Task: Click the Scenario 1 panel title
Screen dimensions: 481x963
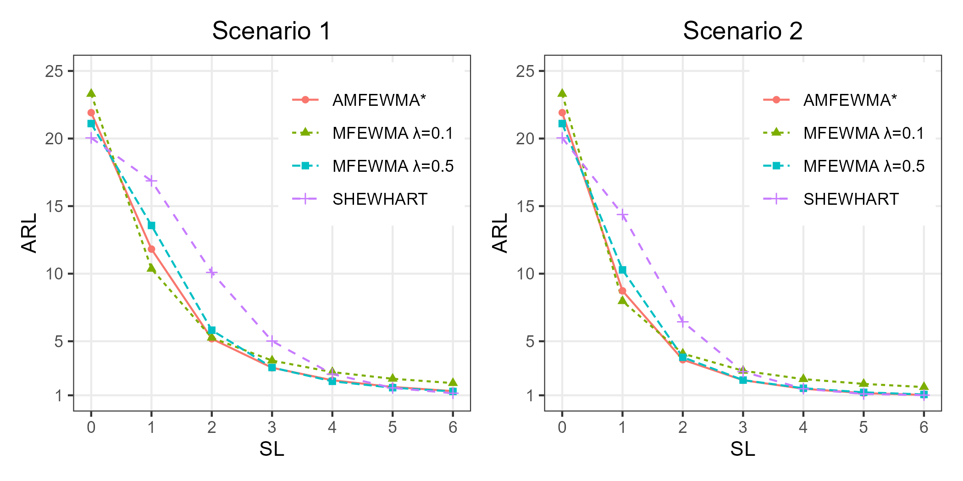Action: click(271, 31)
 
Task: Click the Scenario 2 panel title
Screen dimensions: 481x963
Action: click(742, 31)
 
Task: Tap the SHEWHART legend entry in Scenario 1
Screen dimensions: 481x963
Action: click(380, 199)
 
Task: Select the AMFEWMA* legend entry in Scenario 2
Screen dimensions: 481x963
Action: click(850, 100)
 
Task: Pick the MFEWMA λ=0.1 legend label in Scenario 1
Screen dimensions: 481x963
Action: click(393, 133)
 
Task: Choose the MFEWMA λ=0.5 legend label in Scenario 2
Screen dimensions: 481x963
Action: click(864, 166)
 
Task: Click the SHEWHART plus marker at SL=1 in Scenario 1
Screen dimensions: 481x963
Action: click(151, 180)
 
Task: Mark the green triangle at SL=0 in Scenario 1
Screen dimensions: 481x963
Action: click(91, 93)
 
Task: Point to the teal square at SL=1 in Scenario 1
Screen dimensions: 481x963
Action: click(151, 225)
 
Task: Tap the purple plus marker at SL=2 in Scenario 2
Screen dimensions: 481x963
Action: click(683, 322)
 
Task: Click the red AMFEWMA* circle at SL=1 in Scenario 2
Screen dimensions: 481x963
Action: click(622, 291)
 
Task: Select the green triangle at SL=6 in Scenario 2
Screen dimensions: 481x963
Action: click(924, 387)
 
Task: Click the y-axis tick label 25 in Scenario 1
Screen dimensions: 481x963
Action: click(54, 71)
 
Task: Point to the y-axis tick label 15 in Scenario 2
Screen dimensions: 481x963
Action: click(525, 207)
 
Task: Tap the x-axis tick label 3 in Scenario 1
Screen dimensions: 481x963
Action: click(272, 427)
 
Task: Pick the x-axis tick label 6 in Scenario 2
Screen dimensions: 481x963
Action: click(924, 427)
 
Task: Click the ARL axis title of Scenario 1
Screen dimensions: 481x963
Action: click(29, 233)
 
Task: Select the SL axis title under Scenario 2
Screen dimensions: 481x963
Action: click(742, 449)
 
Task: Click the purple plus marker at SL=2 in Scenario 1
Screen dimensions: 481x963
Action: click(211, 273)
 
